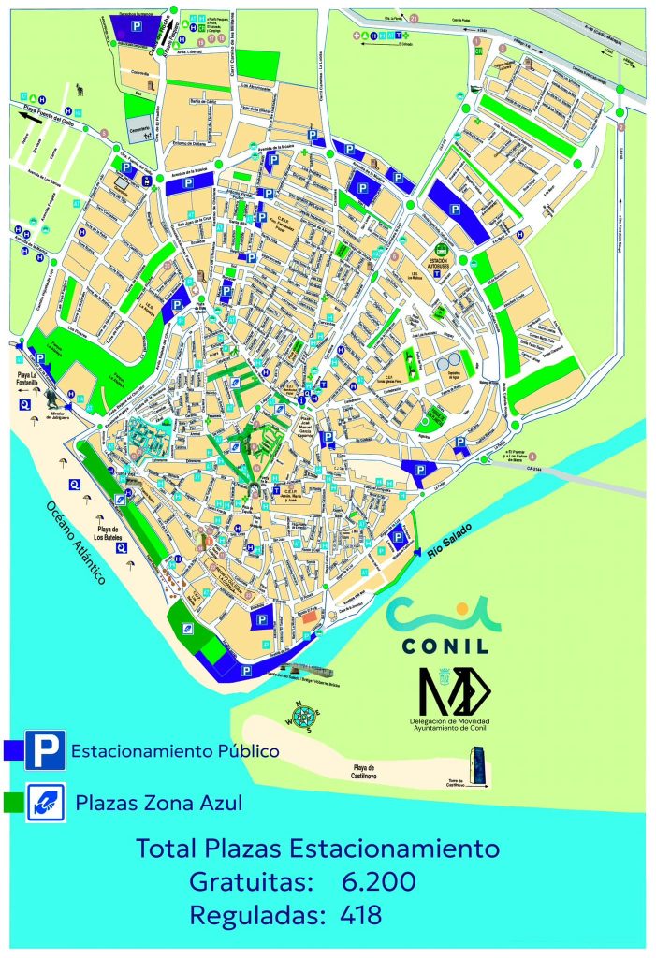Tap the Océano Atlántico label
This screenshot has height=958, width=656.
click(76, 544)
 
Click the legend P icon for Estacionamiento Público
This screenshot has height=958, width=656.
click(45, 749)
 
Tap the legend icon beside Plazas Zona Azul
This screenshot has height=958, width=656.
click(45, 803)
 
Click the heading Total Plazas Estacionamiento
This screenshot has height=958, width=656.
click(317, 849)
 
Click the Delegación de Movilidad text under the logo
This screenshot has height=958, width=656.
click(449, 721)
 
